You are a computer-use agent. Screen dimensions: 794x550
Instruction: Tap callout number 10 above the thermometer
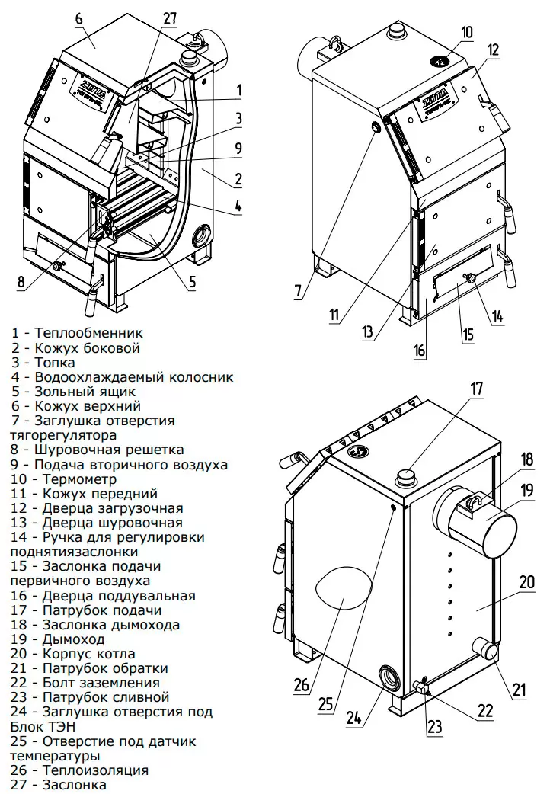point(466,32)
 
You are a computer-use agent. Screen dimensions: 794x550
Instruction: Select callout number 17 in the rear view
point(477,388)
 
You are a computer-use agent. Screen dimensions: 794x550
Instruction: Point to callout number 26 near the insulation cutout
point(302,684)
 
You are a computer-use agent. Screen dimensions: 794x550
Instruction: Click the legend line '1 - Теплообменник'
point(77,333)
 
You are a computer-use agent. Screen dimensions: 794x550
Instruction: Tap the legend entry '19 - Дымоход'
point(58,639)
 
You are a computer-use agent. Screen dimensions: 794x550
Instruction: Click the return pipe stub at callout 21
point(485,648)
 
